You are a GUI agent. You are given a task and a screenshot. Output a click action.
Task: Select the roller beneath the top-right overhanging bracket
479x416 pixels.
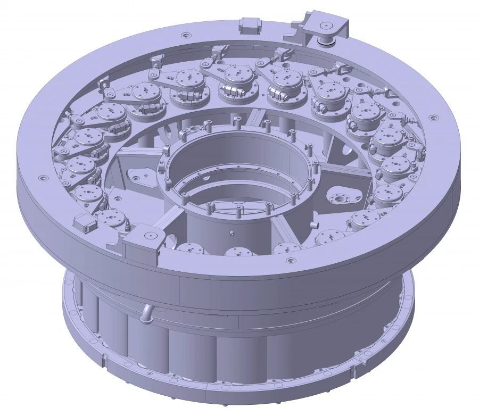pyautogui.click(x=325, y=39)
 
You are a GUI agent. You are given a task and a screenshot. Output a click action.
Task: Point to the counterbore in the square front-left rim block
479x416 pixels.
pyautogui.click(x=150, y=234)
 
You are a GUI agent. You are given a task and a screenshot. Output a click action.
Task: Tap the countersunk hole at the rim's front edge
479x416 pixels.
pyautogui.click(x=290, y=261)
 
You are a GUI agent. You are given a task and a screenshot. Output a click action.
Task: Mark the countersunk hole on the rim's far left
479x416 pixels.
pyautogui.click(x=38, y=179)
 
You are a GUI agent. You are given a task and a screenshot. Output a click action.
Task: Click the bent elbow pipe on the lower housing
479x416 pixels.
pyautogui.click(x=145, y=314)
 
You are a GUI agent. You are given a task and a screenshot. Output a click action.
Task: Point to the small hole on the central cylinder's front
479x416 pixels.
pyautogui.click(x=232, y=233)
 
